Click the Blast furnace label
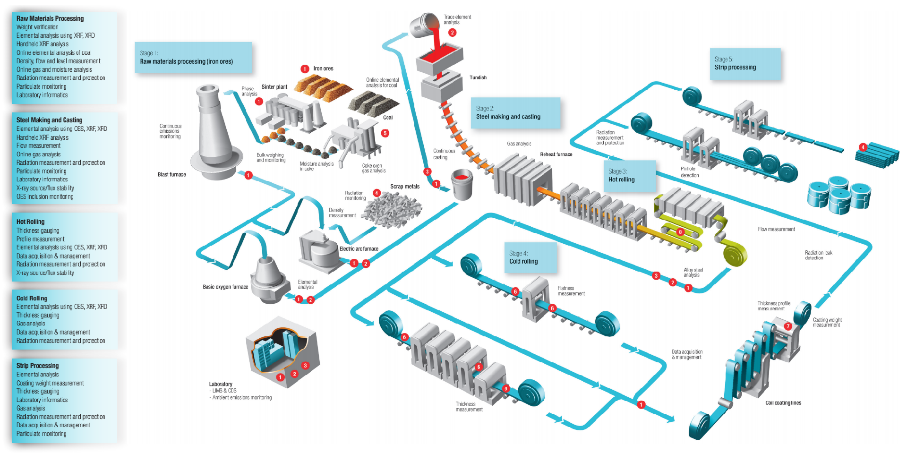coord(171,175)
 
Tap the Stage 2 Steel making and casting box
coord(515,113)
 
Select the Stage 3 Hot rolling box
coord(630,176)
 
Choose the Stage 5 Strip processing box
coord(745,63)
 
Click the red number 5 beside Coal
coord(385,133)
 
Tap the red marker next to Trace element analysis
coord(452,33)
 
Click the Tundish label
coord(478,77)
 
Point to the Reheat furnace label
coord(556,154)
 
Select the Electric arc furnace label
coord(359,249)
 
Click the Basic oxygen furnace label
coord(225,287)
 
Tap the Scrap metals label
coord(404,187)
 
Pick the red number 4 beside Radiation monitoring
coord(376,193)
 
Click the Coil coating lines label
coord(783,403)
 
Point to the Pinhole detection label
coord(689,172)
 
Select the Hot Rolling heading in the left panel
coord(30,222)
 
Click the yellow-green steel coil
coord(735,255)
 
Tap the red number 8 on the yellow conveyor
coord(680,232)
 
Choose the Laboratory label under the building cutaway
coord(221,384)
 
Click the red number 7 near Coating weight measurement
coord(787,326)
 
